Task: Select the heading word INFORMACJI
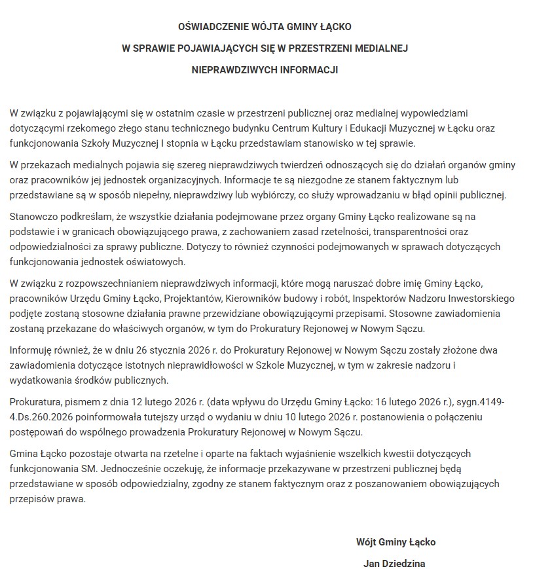point(306,69)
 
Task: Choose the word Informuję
point(33,350)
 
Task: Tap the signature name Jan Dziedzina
point(396,563)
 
